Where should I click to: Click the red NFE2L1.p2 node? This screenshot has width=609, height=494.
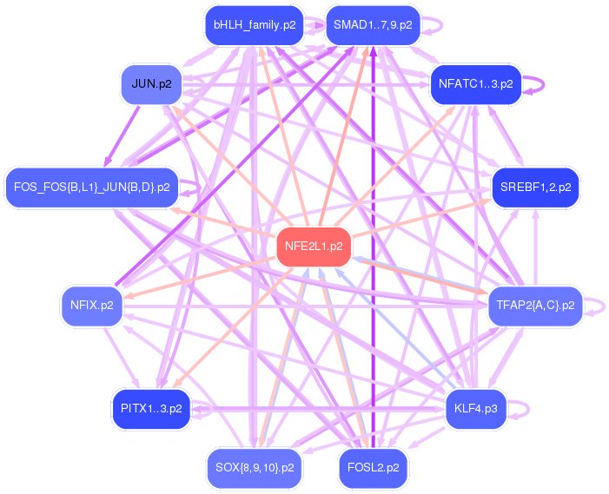[314, 247]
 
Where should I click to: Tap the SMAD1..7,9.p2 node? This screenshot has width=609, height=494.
[374, 25]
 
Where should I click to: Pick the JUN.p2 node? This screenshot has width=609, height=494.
[151, 84]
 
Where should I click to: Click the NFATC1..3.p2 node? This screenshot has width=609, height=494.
[475, 84]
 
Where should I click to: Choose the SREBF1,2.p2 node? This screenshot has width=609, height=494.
[535, 187]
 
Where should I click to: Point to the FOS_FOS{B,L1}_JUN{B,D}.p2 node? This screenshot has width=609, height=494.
[91, 187]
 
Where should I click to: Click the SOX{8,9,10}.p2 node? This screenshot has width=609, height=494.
[255, 467]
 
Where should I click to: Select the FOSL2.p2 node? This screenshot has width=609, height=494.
[374, 467]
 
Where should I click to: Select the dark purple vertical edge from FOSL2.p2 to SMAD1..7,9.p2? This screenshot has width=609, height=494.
[374, 260]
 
